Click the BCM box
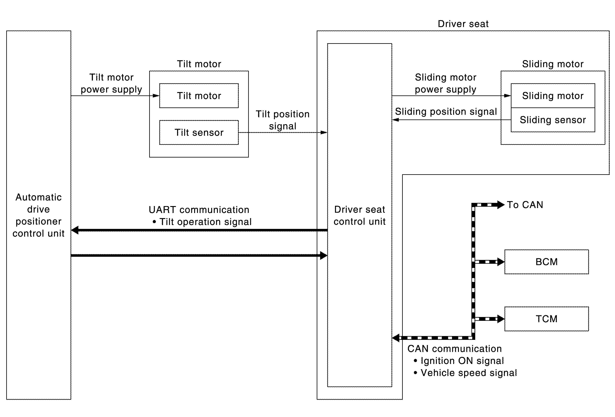click(x=546, y=262)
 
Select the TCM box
click(x=546, y=319)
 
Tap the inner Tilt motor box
click(x=199, y=96)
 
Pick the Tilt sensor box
click(x=199, y=132)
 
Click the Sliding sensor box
click(x=553, y=120)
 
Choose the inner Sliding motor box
click(x=553, y=96)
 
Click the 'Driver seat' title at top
click(x=463, y=24)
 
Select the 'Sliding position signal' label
click(x=446, y=112)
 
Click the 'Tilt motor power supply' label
click(x=111, y=83)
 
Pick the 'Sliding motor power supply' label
click(x=446, y=83)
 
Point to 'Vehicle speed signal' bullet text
click(x=465, y=373)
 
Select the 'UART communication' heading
click(x=199, y=210)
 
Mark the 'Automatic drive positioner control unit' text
click(x=39, y=215)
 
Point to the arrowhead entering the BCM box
click(x=501, y=262)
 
